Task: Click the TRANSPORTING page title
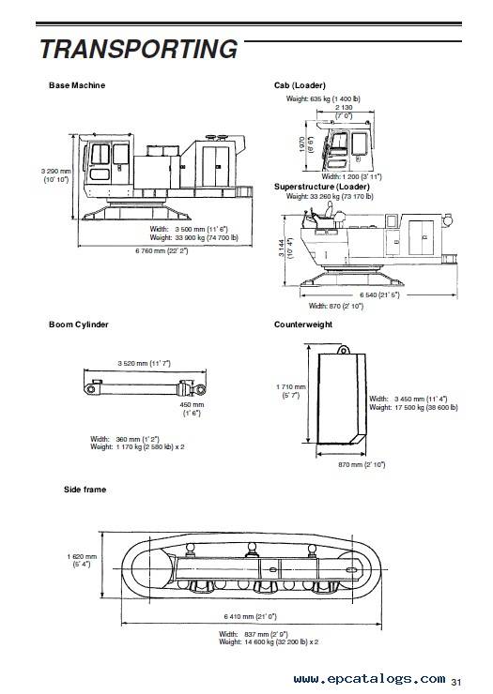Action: point(139,49)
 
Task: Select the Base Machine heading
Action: point(77,85)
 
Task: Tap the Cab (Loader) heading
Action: point(300,85)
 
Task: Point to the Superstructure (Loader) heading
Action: point(322,187)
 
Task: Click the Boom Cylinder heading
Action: point(79,324)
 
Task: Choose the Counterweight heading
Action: point(303,324)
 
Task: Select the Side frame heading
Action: point(85,490)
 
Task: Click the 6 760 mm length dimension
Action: point(162,251)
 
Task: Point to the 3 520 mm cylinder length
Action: point(144,363)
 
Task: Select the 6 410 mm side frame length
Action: point(251,616)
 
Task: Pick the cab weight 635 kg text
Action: point(323,98)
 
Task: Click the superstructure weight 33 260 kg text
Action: point(330,196)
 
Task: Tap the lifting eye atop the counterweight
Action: point(343,350)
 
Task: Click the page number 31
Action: point(456,682)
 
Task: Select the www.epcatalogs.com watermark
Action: point(369,679)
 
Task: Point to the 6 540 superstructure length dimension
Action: point(379,295)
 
